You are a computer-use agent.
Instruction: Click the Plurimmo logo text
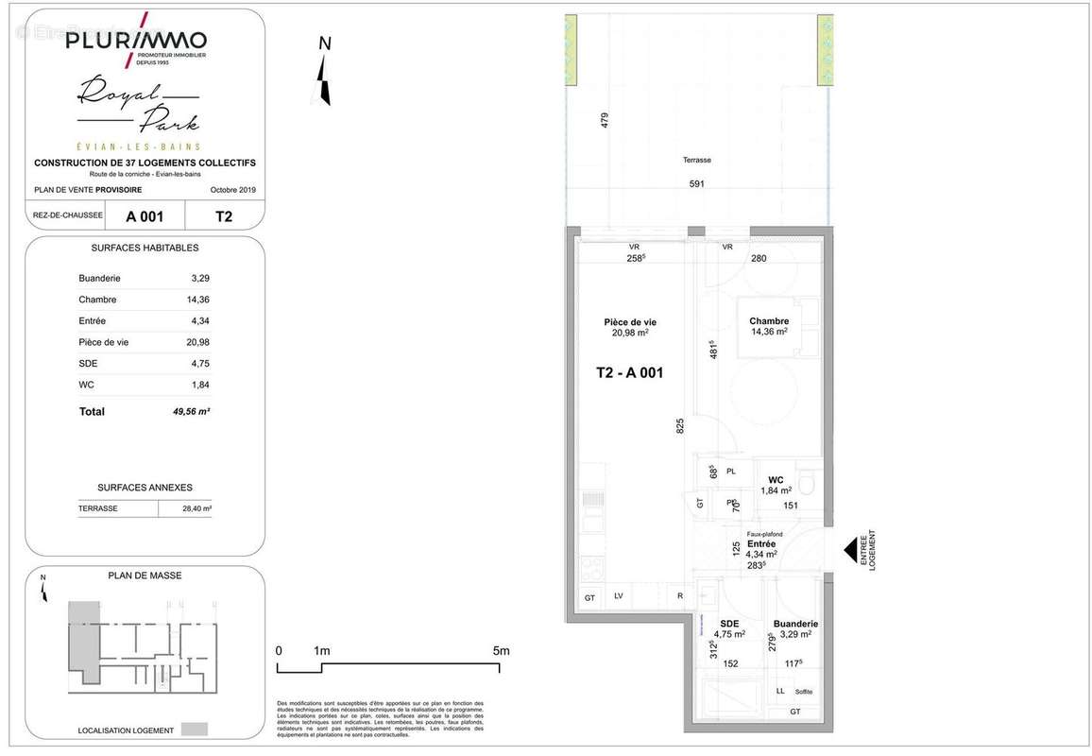coord(135,41)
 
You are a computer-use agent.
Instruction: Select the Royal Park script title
coord(137,106)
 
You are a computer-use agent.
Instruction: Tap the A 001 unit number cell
coord(145,216)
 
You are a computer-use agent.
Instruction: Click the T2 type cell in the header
coord(224,216)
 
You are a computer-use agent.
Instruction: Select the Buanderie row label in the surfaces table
coord(99,279)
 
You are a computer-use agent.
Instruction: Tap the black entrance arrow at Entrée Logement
coord(851,549)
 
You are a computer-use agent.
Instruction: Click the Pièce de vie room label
coord(630,321)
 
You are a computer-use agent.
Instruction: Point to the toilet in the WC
coord(806,485)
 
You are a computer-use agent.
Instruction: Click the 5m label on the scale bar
coord(501,650)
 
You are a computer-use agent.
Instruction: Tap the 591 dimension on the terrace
coord(696,184)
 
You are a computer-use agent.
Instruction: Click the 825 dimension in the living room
coord(679,426)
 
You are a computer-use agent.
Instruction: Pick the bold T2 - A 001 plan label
coord(629,372)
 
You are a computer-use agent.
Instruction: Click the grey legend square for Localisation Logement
coord(195,730)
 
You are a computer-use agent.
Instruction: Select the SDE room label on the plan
coord(728,624)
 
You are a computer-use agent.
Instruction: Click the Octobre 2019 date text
coord(232,190)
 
